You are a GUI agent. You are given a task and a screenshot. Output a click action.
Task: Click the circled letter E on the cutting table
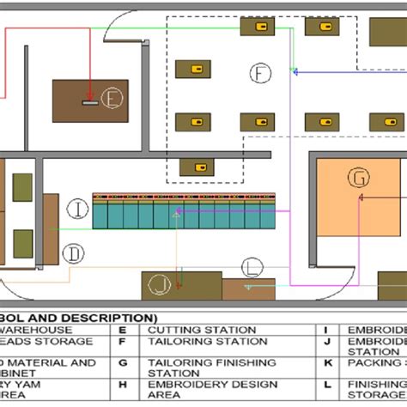[111, 99]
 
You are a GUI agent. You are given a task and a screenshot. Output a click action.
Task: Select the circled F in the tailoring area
[260, 74]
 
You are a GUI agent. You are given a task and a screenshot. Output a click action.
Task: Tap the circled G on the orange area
[357, 178]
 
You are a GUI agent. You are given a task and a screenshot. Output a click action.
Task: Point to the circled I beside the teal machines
[77, 208]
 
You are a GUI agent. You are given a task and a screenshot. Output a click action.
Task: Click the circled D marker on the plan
[76, 252]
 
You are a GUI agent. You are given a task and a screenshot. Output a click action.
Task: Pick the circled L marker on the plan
[251, 266]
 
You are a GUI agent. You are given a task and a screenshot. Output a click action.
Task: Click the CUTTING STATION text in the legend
[202, 330]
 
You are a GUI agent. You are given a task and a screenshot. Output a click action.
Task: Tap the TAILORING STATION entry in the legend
[207, 341]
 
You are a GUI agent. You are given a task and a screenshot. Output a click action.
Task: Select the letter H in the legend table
[122, 385]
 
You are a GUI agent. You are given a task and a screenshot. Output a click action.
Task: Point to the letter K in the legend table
[327, 362]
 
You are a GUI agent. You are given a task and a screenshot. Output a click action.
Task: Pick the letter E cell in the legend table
[122, 330]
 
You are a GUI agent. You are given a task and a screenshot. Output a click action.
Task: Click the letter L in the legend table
[327, 385]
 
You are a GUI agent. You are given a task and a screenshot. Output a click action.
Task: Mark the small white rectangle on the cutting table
[89, 103]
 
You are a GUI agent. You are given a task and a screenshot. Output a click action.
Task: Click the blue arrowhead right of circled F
[295, 72]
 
